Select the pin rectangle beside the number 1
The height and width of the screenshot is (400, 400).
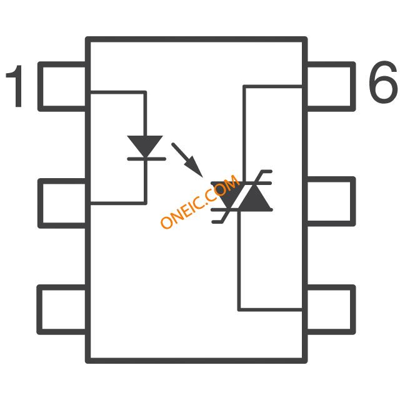point(62,86)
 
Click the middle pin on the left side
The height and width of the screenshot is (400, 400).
point(62,202)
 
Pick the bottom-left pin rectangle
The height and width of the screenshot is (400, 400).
point(62,309)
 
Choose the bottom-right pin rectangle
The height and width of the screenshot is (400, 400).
point(330,309)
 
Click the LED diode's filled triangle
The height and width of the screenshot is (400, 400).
point(145,146)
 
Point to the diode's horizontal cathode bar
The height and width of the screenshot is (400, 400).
point(145,159)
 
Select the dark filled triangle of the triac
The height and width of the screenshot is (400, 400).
point(255,199)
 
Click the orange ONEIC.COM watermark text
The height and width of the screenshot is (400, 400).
point(199,203)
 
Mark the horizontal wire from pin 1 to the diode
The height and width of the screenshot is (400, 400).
point(119,92)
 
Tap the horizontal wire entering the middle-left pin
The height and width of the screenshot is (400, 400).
point(119,202)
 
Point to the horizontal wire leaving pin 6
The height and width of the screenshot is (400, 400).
point(274,87)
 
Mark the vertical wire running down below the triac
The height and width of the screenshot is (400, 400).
point(239,262)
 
